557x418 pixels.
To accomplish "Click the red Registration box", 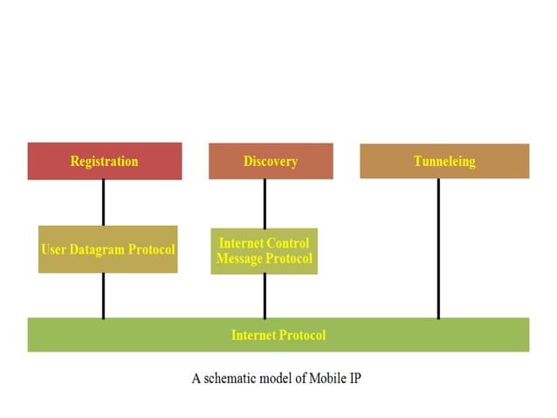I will tap(104, 161).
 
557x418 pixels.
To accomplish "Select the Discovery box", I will tap(271, 161).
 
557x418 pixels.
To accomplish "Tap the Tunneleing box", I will tap(444, 161).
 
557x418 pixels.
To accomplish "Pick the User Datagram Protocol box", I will tap(107, 249).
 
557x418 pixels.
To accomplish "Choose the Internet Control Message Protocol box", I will tap(264, 251).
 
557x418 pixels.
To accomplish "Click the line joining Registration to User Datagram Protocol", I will tap(103, 202).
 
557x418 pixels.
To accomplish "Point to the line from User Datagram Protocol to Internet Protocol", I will tap(103, 296).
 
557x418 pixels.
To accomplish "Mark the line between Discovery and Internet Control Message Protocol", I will tap(265, 203).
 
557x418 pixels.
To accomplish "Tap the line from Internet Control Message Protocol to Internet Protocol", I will tap(265, 296).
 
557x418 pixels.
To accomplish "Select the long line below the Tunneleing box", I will tap(438, 248).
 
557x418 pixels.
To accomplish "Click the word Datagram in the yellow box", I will tap(97, 249).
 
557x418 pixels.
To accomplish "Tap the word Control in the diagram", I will tap(289, 243).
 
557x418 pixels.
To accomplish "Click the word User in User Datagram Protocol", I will tap(54, 249).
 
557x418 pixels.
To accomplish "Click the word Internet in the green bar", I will tap(253, 335).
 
